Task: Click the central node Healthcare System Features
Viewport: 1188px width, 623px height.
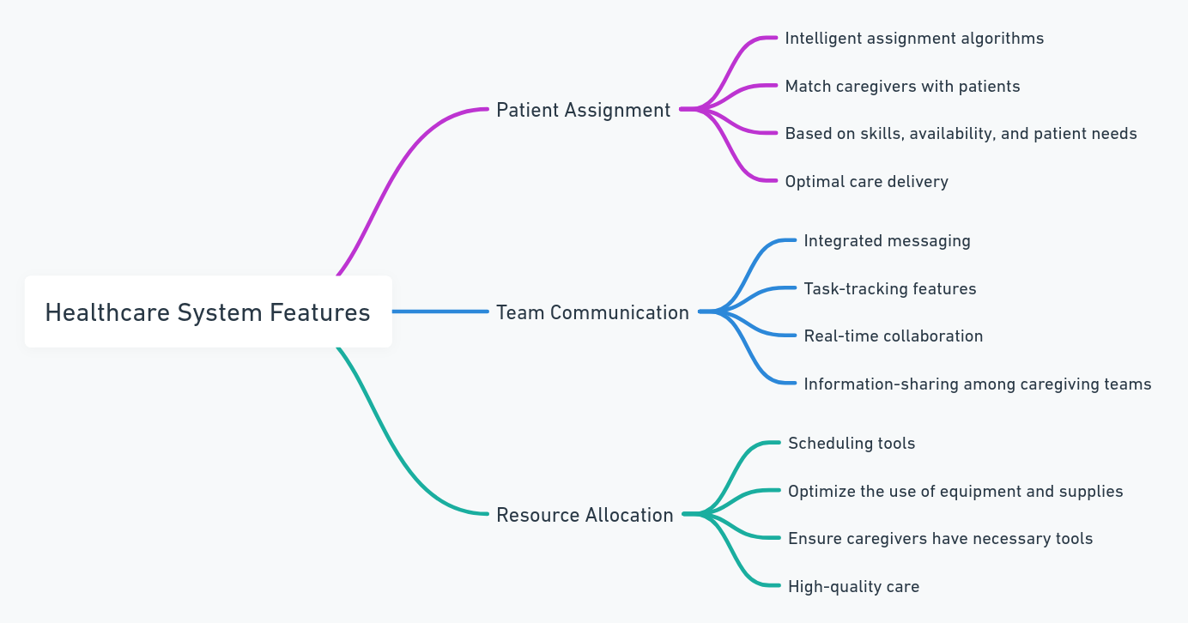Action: point(208,311)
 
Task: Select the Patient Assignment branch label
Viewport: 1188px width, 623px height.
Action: point(584,111)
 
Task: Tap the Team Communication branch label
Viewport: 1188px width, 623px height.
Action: point(592,313)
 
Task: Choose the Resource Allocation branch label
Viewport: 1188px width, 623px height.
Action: point(585,515)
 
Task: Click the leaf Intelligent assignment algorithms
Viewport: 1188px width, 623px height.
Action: point(914,39)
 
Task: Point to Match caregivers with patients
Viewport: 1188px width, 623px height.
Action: point(902,87)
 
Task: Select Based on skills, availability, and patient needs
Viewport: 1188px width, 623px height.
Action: point(961,134)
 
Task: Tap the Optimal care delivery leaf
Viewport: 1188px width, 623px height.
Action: point(867,182)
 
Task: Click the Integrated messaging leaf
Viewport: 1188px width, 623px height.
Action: point(888,241)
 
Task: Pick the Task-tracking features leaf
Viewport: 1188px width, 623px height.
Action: point(890,289)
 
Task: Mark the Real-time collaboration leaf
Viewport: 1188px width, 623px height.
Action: point(893,336)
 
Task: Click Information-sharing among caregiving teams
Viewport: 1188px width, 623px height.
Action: point(978,384)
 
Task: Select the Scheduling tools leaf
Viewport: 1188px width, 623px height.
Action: point(852,444)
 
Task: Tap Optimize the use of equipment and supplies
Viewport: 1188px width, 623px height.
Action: point(955,492)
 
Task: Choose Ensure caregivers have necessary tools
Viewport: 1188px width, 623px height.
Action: point(940,539)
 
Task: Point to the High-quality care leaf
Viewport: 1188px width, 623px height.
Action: point(853,587)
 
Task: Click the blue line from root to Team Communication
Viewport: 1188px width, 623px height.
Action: point(440,311)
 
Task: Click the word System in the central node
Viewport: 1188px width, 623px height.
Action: point(219,313)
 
